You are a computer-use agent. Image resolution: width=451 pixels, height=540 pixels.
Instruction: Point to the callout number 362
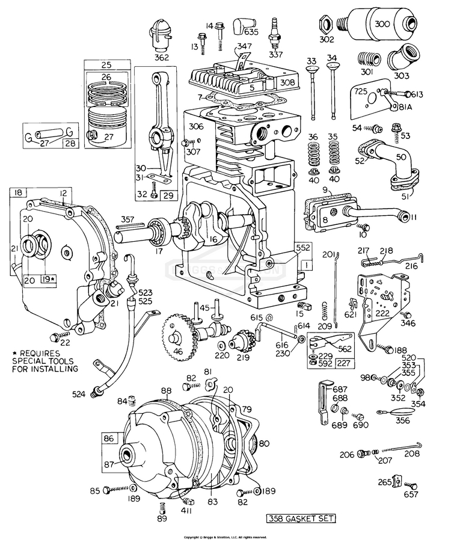(160, 58)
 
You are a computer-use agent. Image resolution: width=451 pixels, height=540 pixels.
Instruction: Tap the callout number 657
(410, 495)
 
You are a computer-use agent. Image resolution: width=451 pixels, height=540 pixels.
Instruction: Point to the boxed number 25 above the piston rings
(106, 64)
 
